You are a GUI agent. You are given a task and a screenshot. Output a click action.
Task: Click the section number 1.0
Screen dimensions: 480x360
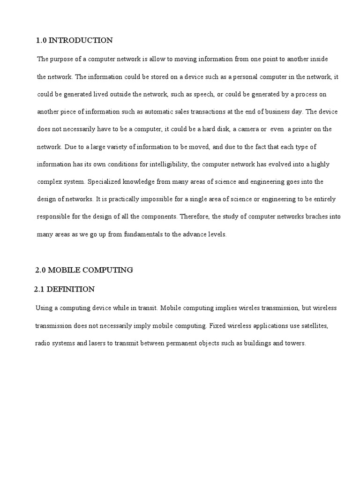(x=41, y=40)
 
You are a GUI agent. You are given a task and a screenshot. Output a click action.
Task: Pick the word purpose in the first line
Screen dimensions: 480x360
(x=61, y=59)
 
